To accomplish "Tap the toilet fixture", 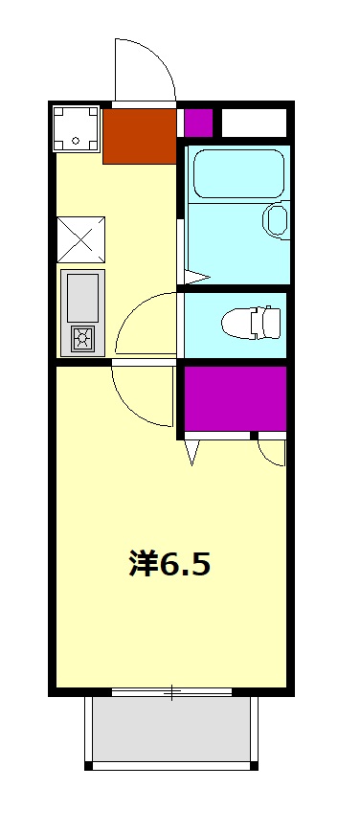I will click(252, 323).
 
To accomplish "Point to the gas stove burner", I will click(82, 337).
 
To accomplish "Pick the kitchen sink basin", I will click(82, 297).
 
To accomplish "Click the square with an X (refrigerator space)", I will click(80, 238).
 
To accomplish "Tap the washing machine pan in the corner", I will click(76, 127).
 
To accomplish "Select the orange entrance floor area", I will click(139, 136).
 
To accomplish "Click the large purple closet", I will click(236, 398).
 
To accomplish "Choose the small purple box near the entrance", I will click(197, 123).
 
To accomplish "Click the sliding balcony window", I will click(172, 691).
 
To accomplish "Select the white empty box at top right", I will click(254, 123).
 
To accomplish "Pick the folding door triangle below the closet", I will click(191, 451).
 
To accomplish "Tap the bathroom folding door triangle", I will click(195, 278).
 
